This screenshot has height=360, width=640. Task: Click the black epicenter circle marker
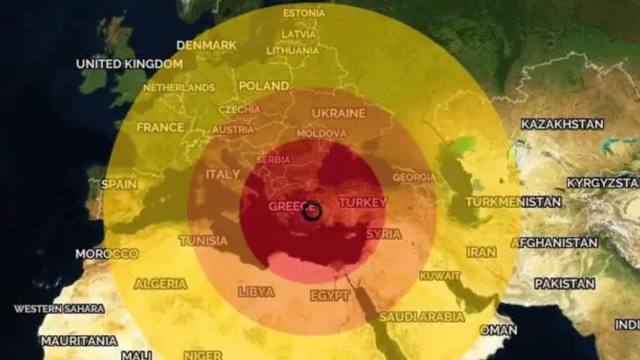click(312, 211)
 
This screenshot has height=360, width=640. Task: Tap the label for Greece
click(289, 206)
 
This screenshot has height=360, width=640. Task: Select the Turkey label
click(362, 202)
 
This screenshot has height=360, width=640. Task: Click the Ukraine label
click(338, 113)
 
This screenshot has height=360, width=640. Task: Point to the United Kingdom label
click(129, 64)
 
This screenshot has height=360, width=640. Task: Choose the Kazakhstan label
click(562, 124)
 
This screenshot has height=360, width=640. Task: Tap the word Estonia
click(304, 13)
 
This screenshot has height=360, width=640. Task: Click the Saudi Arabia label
click(422, 317)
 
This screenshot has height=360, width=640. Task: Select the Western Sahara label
click(59, 309)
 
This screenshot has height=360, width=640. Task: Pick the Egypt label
click(330, 296)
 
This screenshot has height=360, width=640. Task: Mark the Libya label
click(256, 292)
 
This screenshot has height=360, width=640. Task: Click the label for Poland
click(264, 86)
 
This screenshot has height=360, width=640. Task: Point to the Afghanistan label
click(555, 242)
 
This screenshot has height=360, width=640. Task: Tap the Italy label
click(223, 174)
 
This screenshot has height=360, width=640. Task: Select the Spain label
click(119, 184)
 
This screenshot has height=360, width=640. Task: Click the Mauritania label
click(79, 341)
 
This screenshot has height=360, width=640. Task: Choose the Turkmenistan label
click(513, 202)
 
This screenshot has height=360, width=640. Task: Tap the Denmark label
click(207, 45)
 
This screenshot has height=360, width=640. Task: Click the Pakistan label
click(564, 284)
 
